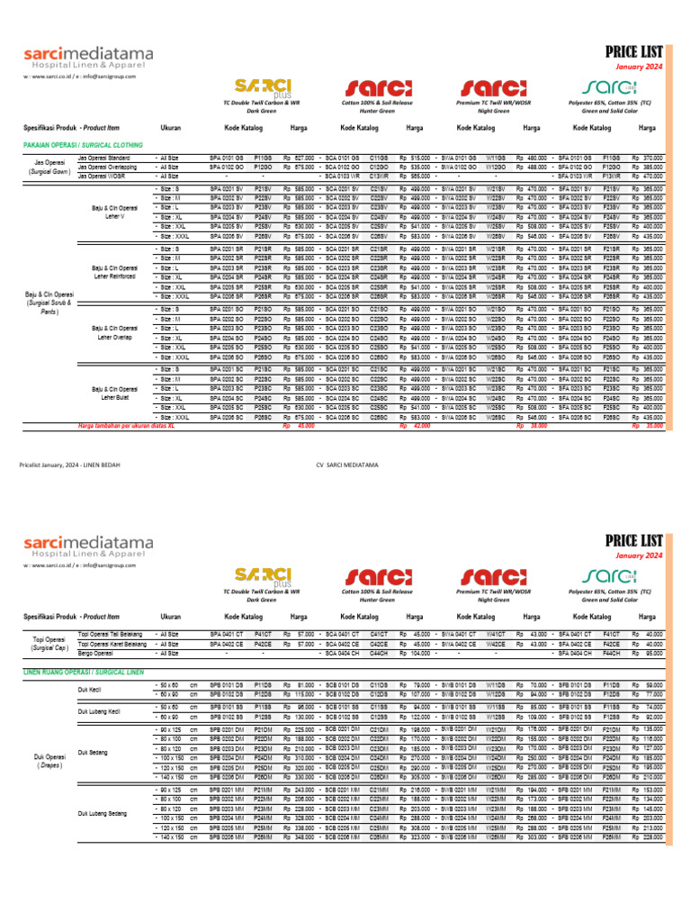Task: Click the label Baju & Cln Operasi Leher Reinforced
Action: click(x=114, y=273)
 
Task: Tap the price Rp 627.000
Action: click(x=299, y=158)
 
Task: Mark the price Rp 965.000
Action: click(x=415, y=176)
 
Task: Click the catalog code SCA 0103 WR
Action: click(x=342, y=176)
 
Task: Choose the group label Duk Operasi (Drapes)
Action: click(x=49, y=762)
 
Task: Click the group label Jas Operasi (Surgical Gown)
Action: click(x=49, y=167)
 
